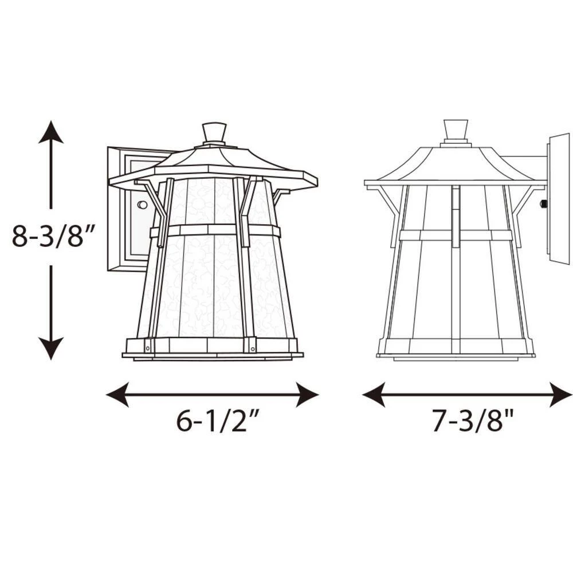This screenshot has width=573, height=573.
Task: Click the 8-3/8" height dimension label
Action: click(x=53, y=237)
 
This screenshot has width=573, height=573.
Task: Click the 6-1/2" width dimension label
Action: click(x=218, y=421)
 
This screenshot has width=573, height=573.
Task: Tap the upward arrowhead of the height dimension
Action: click(x=51, y=132)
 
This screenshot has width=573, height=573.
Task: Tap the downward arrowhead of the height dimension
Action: click(x=51, y=348)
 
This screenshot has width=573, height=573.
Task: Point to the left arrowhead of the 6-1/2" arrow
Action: click(x=117, y=395)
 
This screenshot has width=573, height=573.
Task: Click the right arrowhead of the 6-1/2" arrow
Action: click(x=307, y=395)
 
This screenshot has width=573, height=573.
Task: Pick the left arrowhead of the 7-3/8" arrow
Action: click(x=374, y=395)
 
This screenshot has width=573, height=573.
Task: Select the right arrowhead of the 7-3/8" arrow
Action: click(x=561, y=395)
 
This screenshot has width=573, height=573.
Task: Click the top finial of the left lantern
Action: click(x=214, y=133)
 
